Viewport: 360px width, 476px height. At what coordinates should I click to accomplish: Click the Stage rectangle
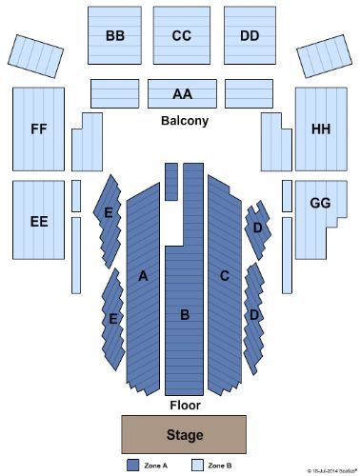(x=183, y=435)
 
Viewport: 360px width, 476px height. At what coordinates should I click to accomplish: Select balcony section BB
(x=115, y=36)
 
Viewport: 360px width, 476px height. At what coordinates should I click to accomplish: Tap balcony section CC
(x=182, y=36)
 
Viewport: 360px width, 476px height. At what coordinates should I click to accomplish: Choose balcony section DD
(x=250, y=36)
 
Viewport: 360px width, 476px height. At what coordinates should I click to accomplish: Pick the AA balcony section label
(x=182, y=94)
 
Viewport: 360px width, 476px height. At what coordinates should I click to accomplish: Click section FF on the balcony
(x=38, y=129)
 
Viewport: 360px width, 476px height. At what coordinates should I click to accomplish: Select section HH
(x=320, y=129)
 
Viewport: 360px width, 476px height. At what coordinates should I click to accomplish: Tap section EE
(x=38, y=221)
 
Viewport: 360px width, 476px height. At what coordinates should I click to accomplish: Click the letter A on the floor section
(x=144, y=276)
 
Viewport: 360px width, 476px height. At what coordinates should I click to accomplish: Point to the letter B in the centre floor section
(x=186, y=313)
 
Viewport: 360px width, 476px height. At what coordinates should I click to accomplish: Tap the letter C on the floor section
(x=225, y=276)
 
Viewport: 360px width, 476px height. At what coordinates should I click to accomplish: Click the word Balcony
(x=184, y=122)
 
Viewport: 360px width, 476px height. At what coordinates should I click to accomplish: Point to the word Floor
(x=184, y=405)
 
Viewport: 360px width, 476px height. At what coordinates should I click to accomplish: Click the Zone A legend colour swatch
(x=133, y=466)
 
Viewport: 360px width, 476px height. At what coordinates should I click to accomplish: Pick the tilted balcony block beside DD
(x=328, y=56)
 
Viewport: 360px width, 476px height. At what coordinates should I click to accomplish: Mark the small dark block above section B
(x=171, y=181)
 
